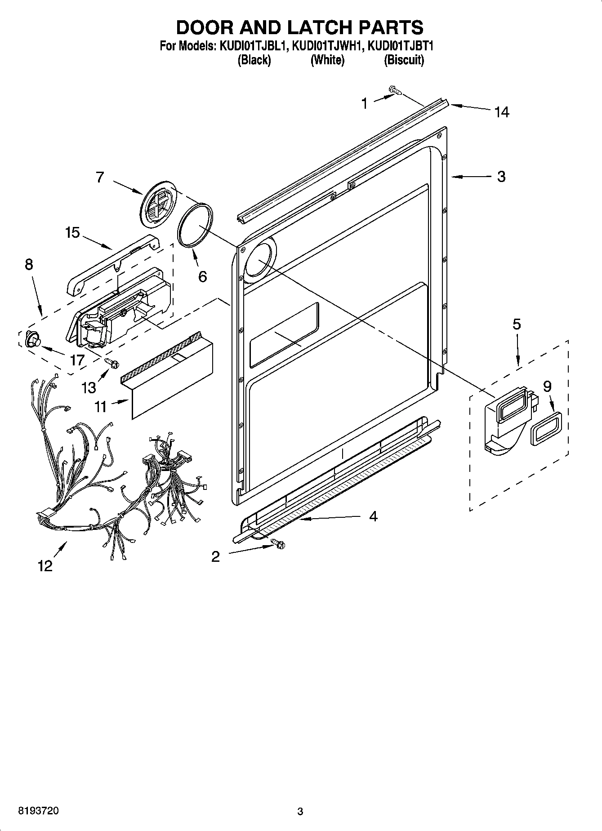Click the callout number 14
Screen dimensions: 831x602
502,112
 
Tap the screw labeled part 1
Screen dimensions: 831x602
395,91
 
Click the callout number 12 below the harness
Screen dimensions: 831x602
45,566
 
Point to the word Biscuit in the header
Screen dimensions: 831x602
404,60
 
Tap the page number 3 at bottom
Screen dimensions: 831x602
300,812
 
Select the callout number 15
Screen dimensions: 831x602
72,232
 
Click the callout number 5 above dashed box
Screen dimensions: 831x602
517,324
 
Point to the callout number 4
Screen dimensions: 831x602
373,516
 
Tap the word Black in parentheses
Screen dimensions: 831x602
254,60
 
